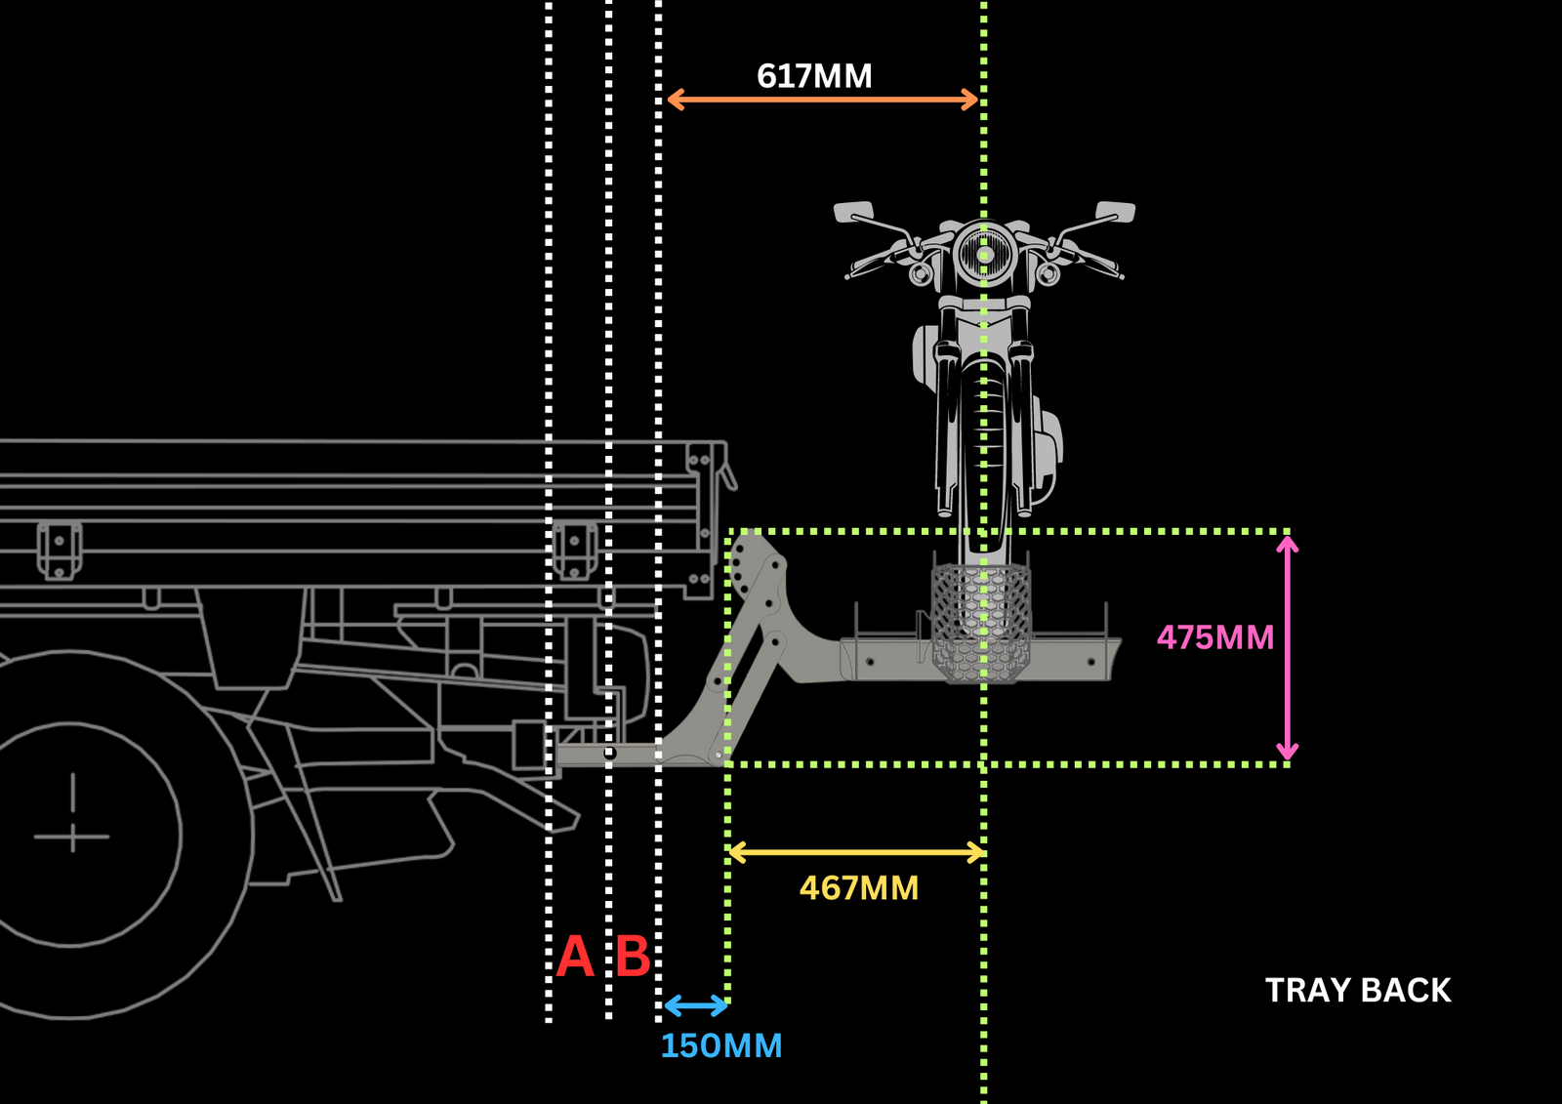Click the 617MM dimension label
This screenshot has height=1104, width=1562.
(814, 76)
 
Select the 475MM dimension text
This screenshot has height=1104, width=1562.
(1215, 638)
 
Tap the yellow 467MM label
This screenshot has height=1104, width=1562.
(859, 888)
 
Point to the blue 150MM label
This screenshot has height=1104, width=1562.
(721, 1046)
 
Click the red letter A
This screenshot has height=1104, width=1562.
(575, 957)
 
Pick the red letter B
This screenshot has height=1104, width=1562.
(633, 957)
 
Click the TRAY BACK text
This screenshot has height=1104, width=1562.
(1358, 991)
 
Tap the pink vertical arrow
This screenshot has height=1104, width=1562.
(1288, 648)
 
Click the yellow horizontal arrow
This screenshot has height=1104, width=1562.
(856, 853)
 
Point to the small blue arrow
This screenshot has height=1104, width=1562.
(695, 1005)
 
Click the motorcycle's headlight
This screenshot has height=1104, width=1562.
(984, 255)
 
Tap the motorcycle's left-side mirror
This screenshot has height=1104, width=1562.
(853, 212)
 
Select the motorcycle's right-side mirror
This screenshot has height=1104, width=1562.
(1115, 211)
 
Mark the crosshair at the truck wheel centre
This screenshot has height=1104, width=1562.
(72, 836)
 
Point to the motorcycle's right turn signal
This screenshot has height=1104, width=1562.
(1048, 274)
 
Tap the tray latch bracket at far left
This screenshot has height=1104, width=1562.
(59, 550)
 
